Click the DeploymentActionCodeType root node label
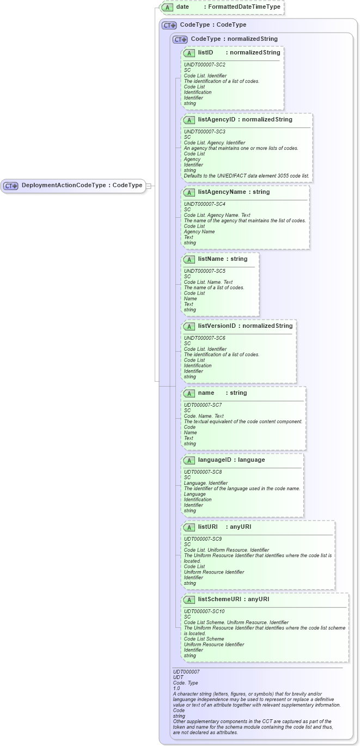pos(63,185)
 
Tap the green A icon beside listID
pos(190,53)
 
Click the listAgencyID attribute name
pos(217,120)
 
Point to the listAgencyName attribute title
pos(222,192)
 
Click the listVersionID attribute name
pos(217,326)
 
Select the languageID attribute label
pos(215,460)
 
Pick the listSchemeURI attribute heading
pos(221,600)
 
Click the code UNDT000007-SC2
pos(204,65)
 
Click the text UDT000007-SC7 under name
pos(203,405)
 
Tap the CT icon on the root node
pos(11,186)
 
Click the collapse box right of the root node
pos(148,186)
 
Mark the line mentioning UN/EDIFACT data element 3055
pos(246,176)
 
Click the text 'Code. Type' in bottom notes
pos(186,683)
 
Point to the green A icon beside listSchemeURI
pos(190,600)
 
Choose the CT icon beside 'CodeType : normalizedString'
pos(180,39)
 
